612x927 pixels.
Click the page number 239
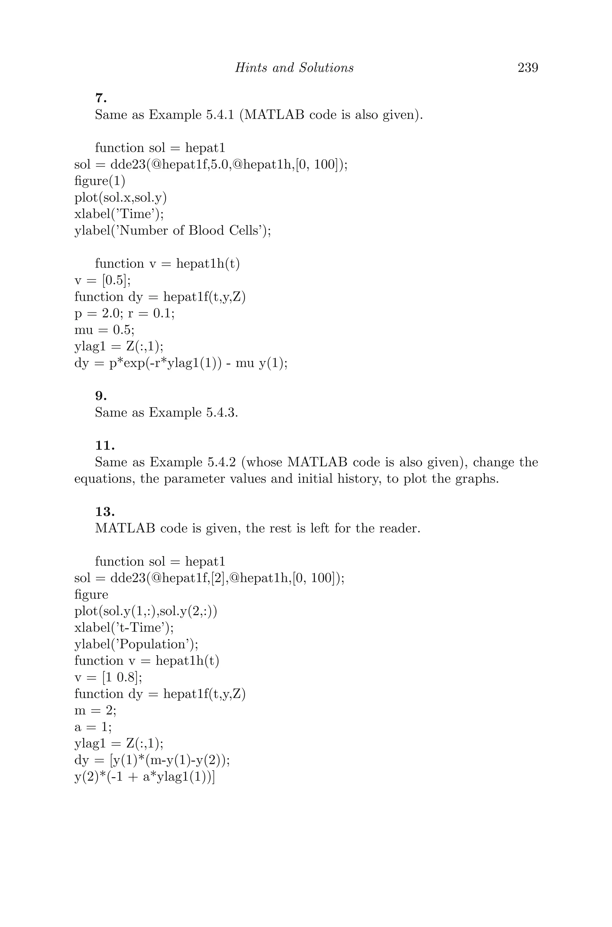pyautogui.click(x=528, y=68)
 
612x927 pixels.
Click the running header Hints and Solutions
pyautogui.click(x=294, y=68)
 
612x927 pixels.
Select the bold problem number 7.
pyautogui.click(x=101, y=98)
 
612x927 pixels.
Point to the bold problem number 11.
pyautogui.click(x=105, y=445)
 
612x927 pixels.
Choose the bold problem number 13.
pyautogui.click(x=105, y=511)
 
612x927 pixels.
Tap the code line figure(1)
pyautogui.click(x=100, y=181)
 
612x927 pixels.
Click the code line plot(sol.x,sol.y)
pyautogui.click(x=120, y=198)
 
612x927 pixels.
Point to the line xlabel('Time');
pyautogui.click(x=119, y=214)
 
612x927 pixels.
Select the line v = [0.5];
pyautogui.click(x=102, y=280)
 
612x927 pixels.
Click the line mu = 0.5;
pyautogui.click(x=104, y=330)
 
